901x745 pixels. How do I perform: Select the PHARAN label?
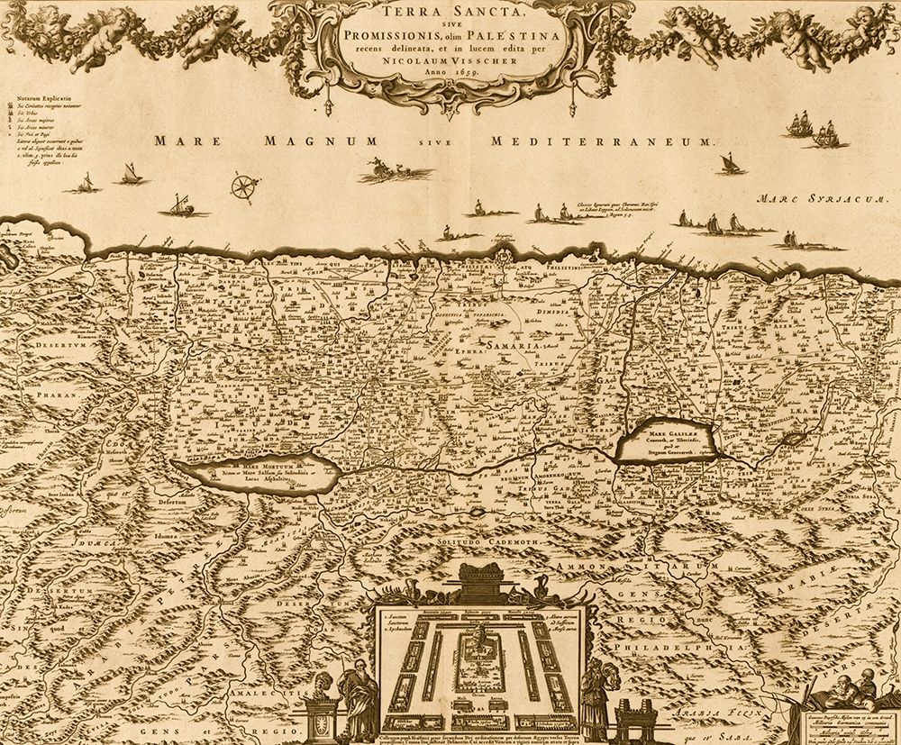coord(36,394)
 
